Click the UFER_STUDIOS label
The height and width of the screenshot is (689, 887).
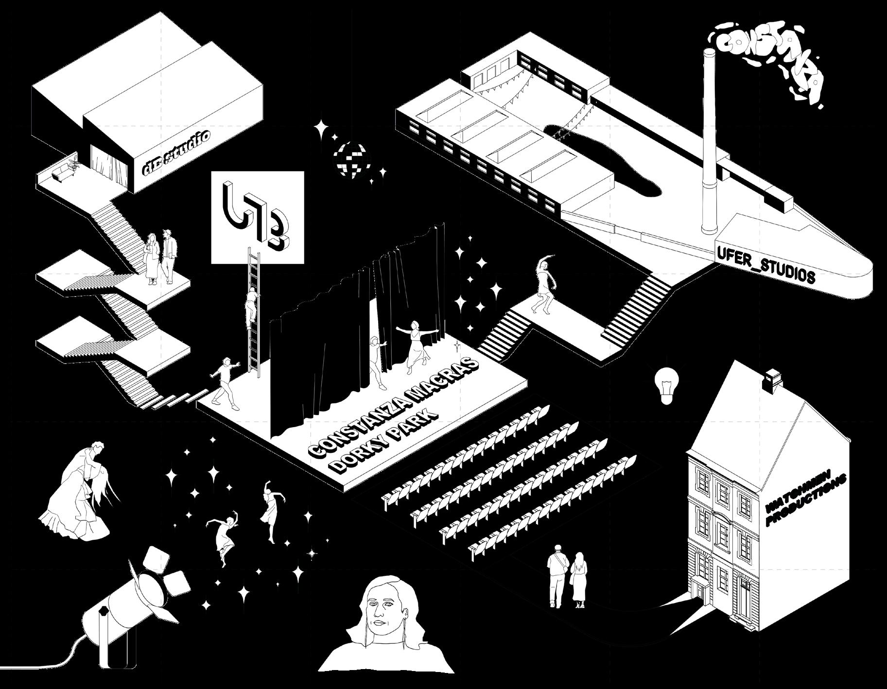765,265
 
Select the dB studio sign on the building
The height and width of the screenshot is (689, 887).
176,152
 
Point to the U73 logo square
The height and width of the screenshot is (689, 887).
258,217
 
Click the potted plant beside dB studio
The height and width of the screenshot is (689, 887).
74,161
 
